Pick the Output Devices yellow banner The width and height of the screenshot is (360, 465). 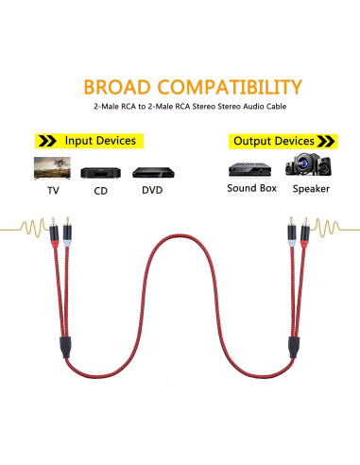point(280,141)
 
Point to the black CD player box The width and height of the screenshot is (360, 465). point(99,174)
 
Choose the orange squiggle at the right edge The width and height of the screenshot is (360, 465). point(335,230)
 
